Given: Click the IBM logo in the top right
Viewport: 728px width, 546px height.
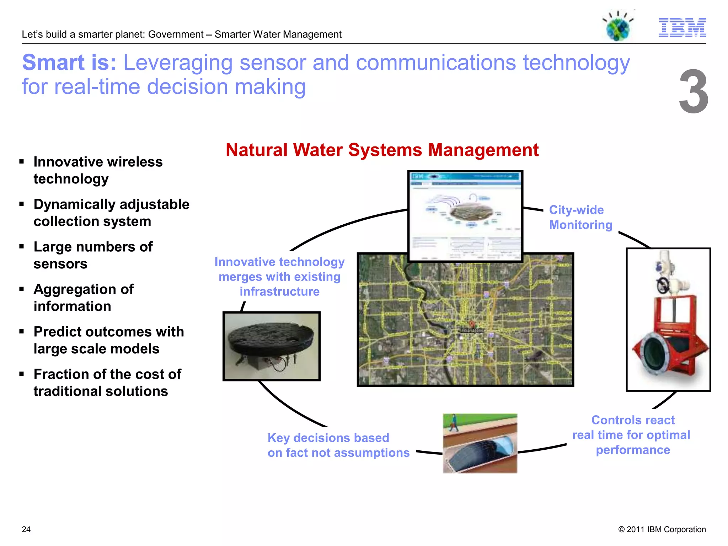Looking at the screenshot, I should pos(682,27).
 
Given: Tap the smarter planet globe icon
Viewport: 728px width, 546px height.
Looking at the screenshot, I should pos(618,28).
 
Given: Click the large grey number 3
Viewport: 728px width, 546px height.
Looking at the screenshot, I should pos(693,92).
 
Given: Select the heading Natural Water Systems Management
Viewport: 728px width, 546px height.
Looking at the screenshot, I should pos(382,150).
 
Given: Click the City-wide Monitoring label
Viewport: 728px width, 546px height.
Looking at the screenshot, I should pos(580,217).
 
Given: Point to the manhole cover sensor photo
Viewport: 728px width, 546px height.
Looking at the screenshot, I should pos(271,346).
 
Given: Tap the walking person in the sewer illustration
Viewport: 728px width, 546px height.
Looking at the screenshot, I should pos(454,423).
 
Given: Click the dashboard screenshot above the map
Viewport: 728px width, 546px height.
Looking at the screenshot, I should pos(465,216).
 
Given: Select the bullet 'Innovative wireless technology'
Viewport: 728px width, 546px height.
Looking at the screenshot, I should pos(98,170).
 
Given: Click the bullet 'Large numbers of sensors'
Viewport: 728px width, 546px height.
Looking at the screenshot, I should pos(93,255).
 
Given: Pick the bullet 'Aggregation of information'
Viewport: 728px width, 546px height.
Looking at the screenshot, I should pos(83,298).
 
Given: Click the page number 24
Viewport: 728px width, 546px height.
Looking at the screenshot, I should pos(26,529).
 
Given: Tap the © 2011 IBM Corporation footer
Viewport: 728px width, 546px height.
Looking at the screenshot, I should pos(662,529).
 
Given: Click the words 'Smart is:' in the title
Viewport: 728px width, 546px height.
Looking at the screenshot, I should pos(69,63).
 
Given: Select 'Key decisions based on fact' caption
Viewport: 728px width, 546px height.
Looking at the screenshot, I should pos(338,445).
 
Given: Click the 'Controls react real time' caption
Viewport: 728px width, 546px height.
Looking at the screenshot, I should pos(632,435).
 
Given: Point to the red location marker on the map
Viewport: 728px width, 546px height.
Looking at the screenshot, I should pos(472,323).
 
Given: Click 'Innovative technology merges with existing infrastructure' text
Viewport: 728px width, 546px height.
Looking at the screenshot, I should pos(279,277).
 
